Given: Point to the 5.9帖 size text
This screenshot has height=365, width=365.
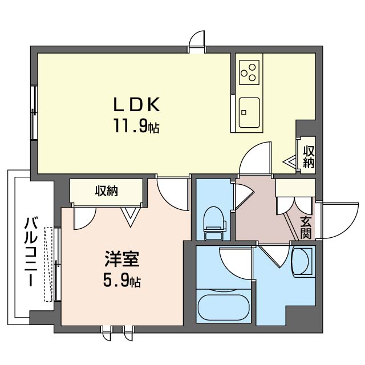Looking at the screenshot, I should [121, 281].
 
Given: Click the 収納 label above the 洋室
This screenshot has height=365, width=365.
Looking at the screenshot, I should [106, 191].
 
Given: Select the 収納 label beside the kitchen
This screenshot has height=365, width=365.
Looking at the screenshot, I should [309, 157].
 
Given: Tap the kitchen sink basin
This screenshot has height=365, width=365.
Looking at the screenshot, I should [249, 112].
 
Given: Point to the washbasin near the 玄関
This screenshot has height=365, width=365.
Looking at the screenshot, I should [302, 262].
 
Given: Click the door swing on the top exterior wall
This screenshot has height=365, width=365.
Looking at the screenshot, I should [197, 39].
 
